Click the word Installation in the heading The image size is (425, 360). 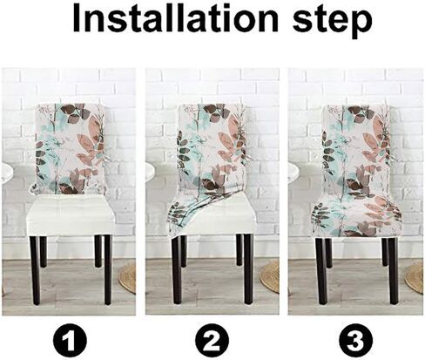tap(175, 18)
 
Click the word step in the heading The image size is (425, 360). tap(333, 21)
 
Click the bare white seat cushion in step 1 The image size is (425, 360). tap(71, 215)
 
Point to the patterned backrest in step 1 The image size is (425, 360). tap(71, 149)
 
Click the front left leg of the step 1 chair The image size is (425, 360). tap(36, 270)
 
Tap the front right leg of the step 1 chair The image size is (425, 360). tap(108, 269)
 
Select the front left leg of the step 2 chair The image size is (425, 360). tap(177, 270)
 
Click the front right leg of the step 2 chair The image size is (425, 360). tap(248, 269)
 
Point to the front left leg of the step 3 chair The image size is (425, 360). tap(321, 271)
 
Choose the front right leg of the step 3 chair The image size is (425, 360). tap(394, 271)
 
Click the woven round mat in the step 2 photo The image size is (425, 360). tap(269, 276)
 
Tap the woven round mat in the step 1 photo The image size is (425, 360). tap(127, 278)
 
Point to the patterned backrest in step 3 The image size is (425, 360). tap(357, 151)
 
